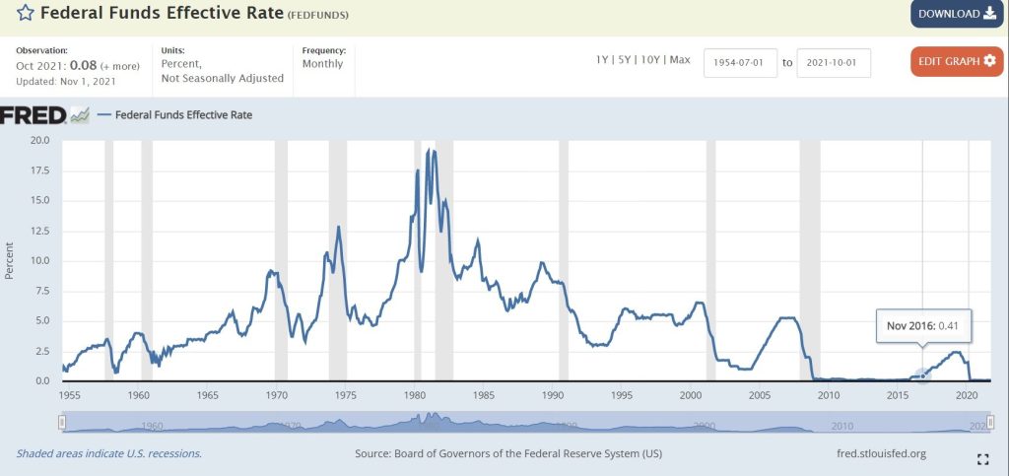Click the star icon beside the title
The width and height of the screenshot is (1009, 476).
coord(24,14)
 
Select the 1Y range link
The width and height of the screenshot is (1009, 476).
coord(602,60)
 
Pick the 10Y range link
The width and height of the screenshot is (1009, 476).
coord(651,60)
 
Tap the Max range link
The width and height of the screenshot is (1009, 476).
coord(680,60)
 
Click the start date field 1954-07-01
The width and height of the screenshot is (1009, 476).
coord(740,62)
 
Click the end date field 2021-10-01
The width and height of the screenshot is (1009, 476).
coord(833,62)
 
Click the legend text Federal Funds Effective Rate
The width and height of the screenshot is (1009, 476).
coord(183,115)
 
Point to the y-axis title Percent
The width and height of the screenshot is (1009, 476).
coord(11,260)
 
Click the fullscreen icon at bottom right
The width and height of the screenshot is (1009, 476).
coord(981,459)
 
